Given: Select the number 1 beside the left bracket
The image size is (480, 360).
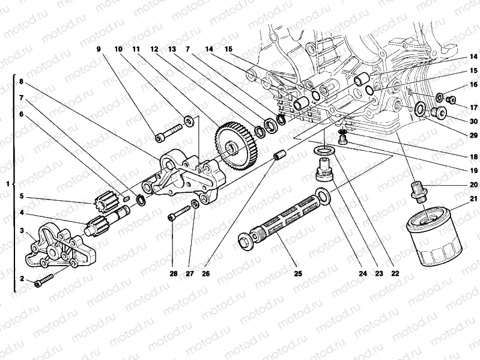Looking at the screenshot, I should pyautogui.click(x=7, y=184).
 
